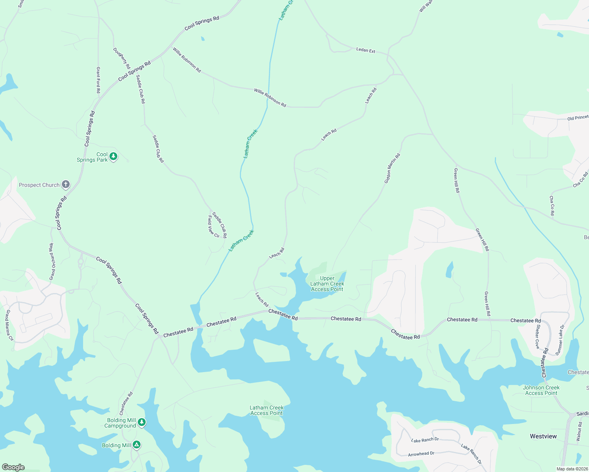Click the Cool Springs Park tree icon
pyautogui.click(x=113, y=157)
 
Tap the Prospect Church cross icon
pyautogui.click(x=66, y=184)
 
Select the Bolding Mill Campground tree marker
pyautogui.click(x=142, y=422)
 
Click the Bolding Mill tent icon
pyautogui.click(x=136, y=445)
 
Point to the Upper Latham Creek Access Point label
pyautogui.click(x=327, y=284)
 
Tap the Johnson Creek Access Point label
pyautogui.click(x=541, y=390)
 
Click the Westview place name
pyautogui.click(x=543, y=436)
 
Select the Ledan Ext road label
pyautogui.click(x=366, y=50)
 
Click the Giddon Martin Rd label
pyautogui.click(x=392, y=168)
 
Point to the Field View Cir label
pyautogui.click(x=213, y=227)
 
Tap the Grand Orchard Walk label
pyautogui.click(x=52, y=262)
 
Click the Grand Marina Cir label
pyautogui.click(x=9, y=325)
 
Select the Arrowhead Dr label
pyautogui.click(x=421, y=454)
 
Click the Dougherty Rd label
pyautogui.click(x=121, y=59)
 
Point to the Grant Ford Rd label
pyautogui.click(x=98, y=80)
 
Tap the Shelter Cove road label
pyautogui.click(x=537, y=337)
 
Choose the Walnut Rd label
pyautogui.click(x=579, y=431)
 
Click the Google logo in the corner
pyautogui.click(x=13, y=467)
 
